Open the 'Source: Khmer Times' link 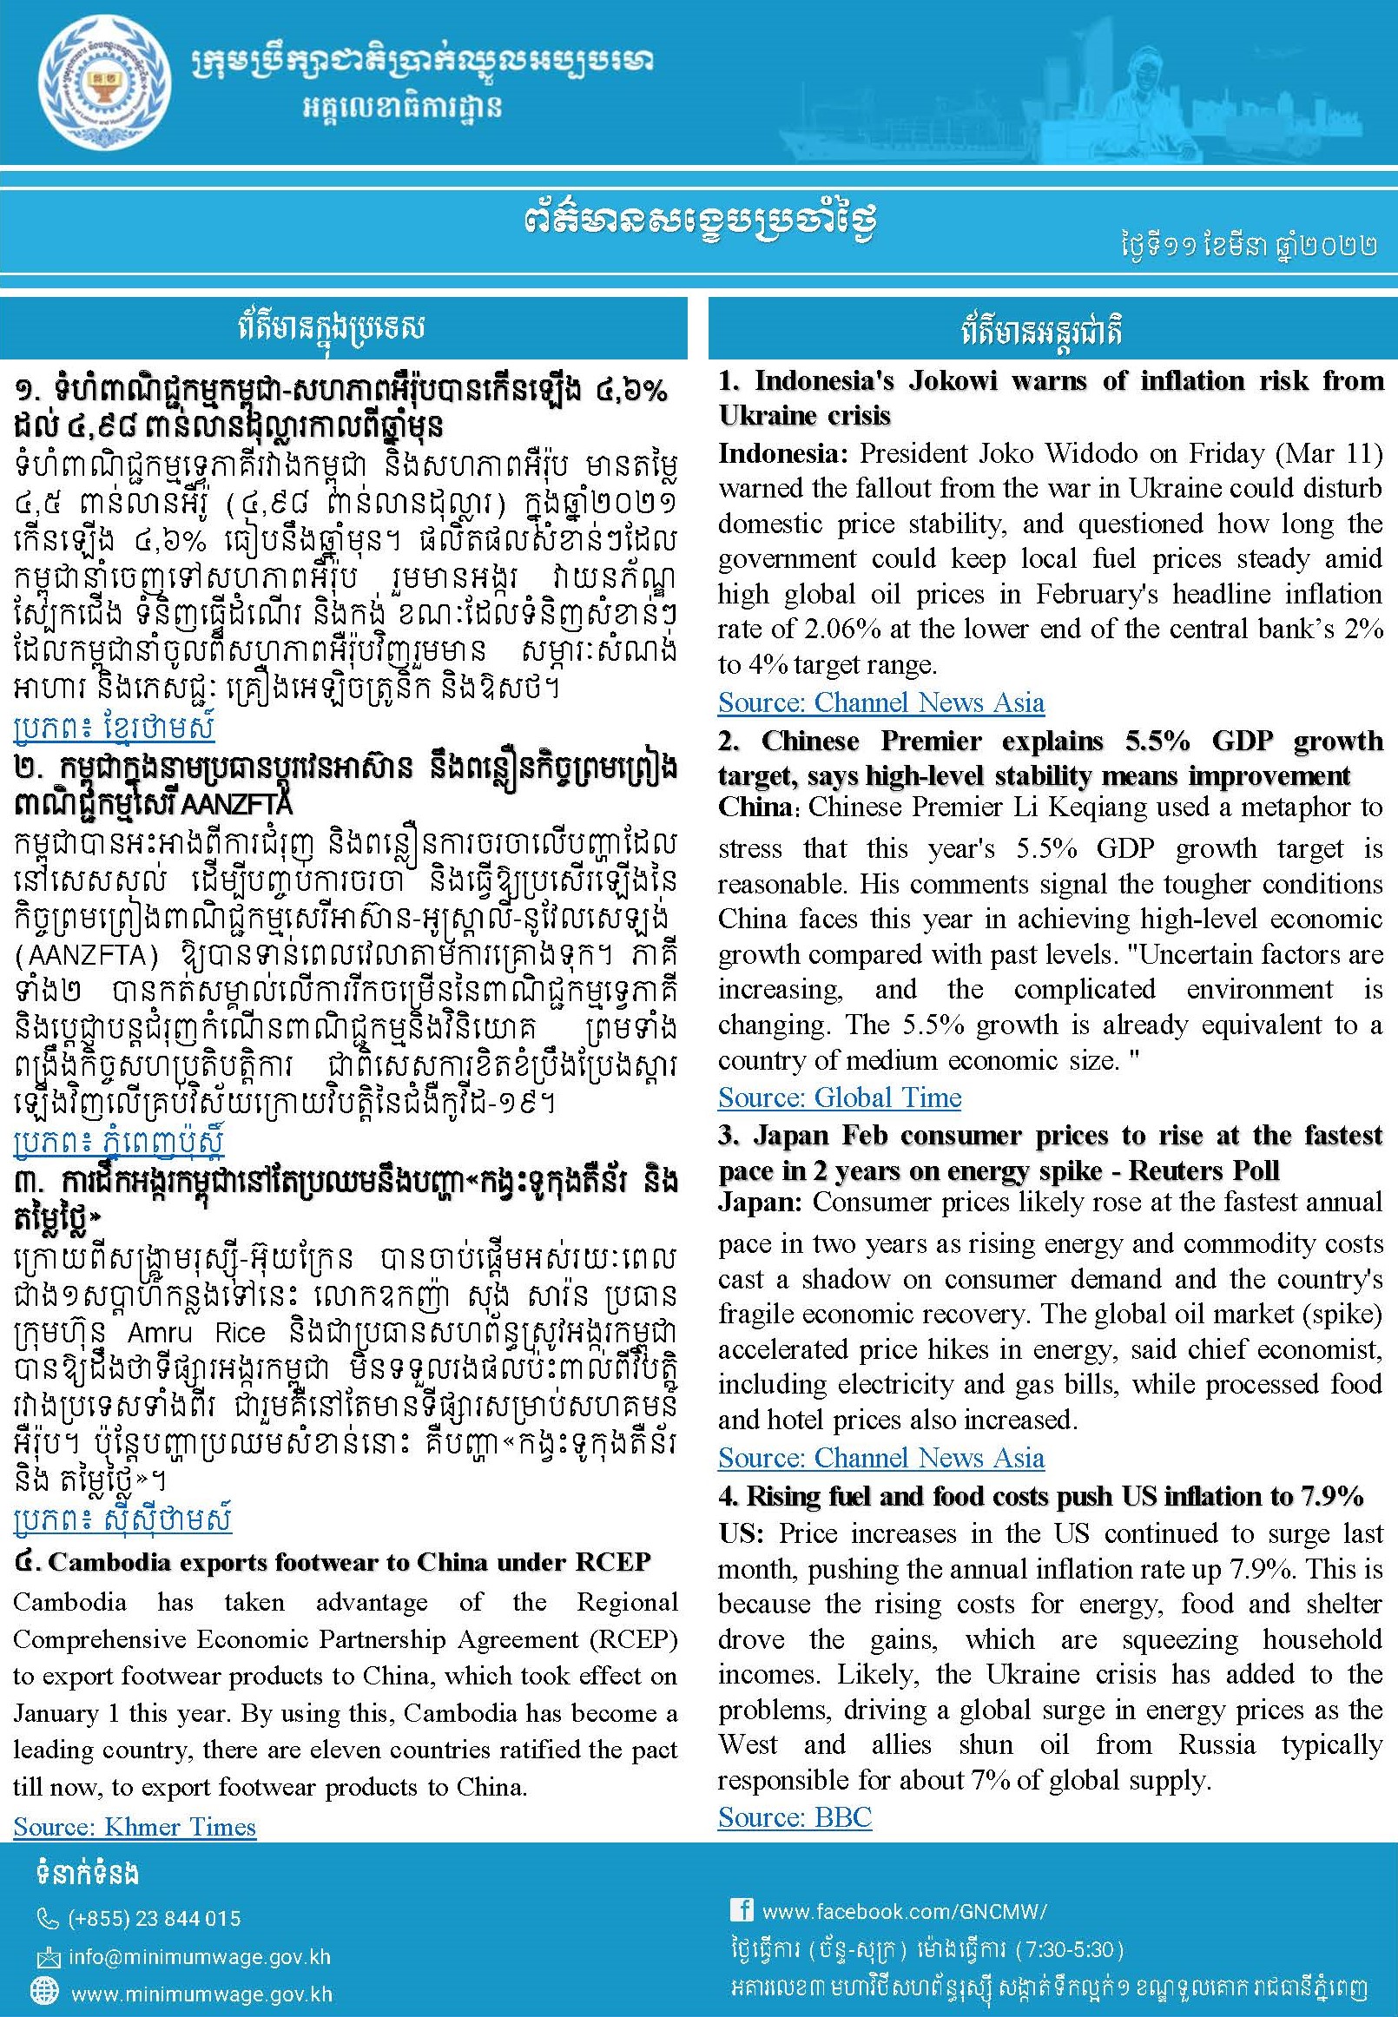pos(135,1826)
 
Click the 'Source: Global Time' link pos(839,1097)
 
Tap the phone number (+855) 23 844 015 pos(154,1918)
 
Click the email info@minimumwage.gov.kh pos(200,1956)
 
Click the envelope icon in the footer pos(46,1957)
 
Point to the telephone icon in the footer pos(46,1919)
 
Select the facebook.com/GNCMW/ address pos(904,1910)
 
